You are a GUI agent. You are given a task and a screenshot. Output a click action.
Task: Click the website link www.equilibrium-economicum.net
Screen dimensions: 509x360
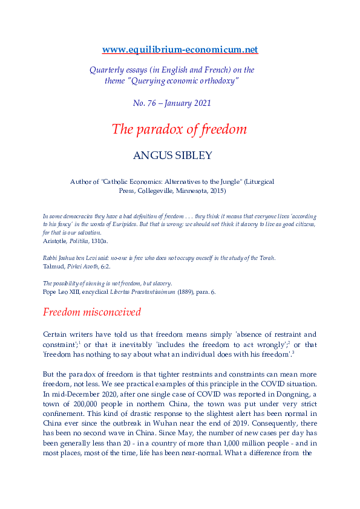pyautogui.click(x=180, y=49)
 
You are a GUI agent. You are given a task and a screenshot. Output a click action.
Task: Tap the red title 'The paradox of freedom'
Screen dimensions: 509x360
pyautogui.click(x=179, y=129)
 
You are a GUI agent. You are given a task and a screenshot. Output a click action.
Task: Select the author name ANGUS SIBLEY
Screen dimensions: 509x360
pyautogui.click(x=180, y=155)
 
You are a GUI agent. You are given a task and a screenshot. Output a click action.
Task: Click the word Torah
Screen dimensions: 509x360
pyautogui.click(x=265, y=258)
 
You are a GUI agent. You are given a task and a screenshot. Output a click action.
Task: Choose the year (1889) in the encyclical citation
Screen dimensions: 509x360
pyautogui.click(x=215, y=291)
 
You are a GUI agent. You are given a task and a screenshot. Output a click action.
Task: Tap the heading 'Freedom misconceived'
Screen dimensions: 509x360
pyautogui.click(x=91, y=313)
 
